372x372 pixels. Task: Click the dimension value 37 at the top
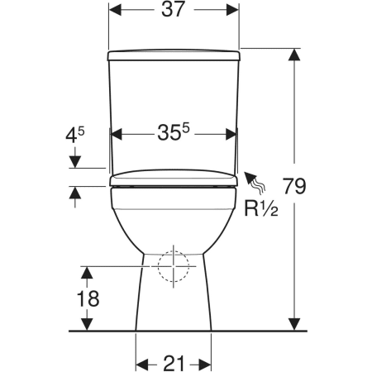pyautogui.click(x=173, y=10)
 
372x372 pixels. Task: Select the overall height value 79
pyautogui.click(x=294, y=187)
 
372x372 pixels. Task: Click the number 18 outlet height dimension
pyautogui.click(x=88, y=298)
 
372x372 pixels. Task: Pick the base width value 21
pyautogui.click(x=174, y=364)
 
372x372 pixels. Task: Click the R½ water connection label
pyautogui.click(x=261, y=208)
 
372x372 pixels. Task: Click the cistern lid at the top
pyautogui.click(x=174, y=55)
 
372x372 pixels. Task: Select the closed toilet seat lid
pyautogui.click(x=174, y=178)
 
